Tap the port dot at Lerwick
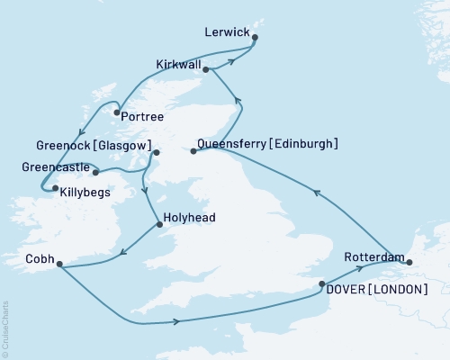256,38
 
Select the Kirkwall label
177,63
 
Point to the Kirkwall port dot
206,69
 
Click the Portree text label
147,116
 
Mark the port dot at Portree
118,112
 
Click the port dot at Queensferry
193,151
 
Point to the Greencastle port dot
95,171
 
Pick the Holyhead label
191,217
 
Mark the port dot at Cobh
59,264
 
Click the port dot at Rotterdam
409,263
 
